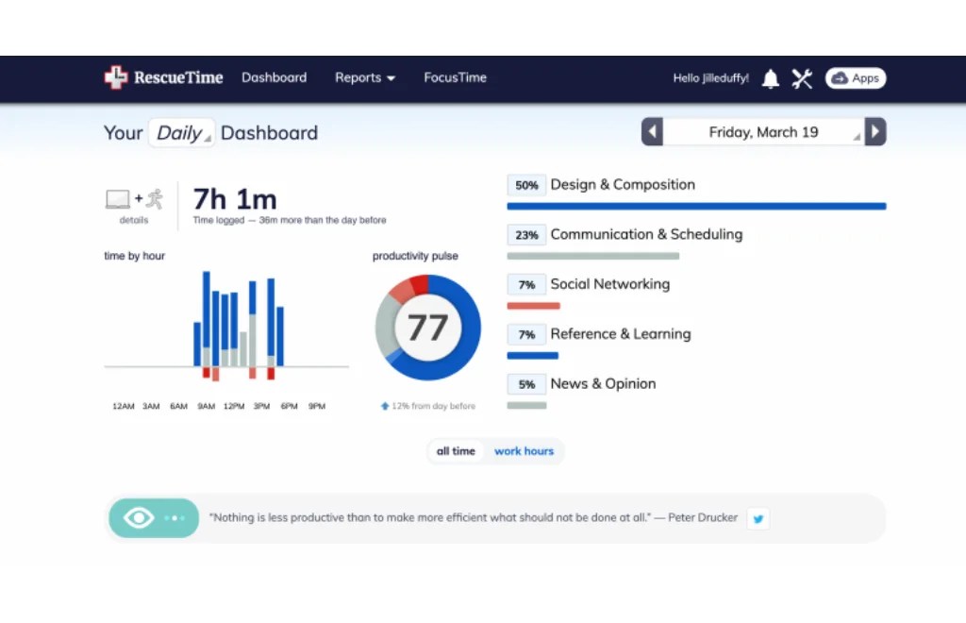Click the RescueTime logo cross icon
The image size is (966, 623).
[115, 77]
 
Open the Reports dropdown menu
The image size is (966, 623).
[364, 77]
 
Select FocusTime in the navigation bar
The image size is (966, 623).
[455, 77]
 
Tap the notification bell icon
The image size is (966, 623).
[771, 78]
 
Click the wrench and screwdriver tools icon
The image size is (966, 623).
[802, 78]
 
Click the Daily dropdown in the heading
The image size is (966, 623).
[181, 133]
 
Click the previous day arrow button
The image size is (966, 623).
[652, 132]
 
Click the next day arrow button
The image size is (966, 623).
[875, 132]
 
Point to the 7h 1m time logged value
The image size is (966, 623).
[235, 199]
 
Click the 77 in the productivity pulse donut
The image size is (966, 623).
[427, 328]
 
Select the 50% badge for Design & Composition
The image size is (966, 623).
[526, 185]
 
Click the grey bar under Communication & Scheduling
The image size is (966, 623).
[592, 256]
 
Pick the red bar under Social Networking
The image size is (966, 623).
[533, 306]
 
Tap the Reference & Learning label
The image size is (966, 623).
[620, 334]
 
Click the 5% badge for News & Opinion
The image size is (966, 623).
[526, 384]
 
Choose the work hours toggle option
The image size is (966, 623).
[524, 451]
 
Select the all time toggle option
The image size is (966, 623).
[456, 451]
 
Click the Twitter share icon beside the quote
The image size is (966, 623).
[758, 518]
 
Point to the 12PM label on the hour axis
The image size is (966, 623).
[234, 406]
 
